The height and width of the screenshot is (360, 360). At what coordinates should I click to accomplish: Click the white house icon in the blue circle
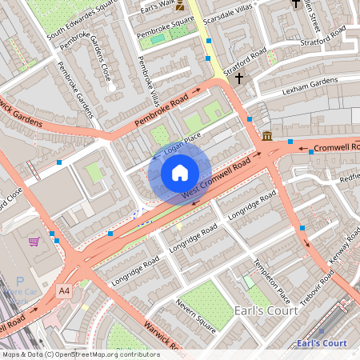(x=180, y=172)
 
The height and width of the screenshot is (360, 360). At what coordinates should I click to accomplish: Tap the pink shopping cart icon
(x=34, y=242)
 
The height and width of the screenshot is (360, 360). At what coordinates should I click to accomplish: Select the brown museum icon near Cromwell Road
(x=266, y=135)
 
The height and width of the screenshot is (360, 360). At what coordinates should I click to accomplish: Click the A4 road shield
(x=63, y=292)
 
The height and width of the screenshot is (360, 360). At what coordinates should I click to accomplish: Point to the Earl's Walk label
(x=158, y=9)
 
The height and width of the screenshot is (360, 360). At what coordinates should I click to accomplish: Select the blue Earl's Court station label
(x=321, y=343)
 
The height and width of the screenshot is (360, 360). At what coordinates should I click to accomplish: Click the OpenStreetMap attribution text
(x=80, y=354)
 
